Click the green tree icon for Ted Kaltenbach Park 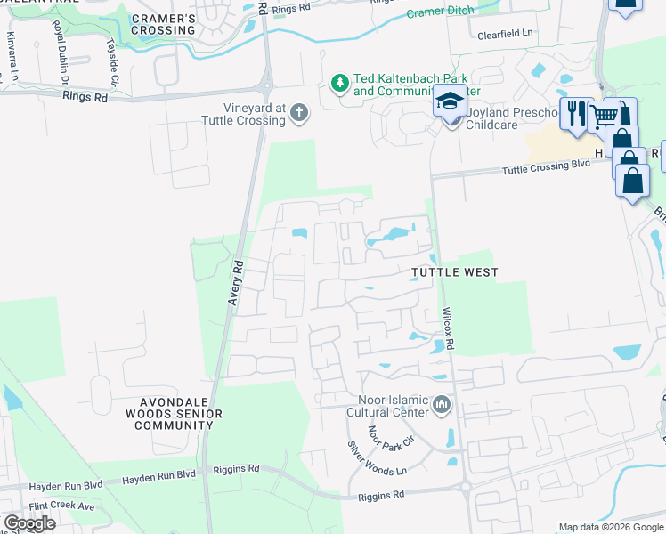tap(339, 84)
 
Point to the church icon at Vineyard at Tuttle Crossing tap(300, 113)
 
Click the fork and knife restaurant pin tap(577, 113)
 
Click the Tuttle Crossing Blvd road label tap(546, 167)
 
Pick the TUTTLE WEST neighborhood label tap(454, 271)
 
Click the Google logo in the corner tap(29, 523)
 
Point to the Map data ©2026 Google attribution tap(610, 527)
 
